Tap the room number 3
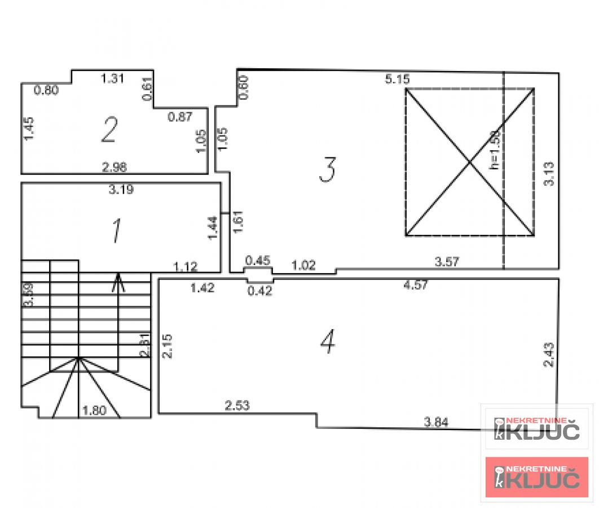[328, 170]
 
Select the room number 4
[328, 340]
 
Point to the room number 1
[117, 231]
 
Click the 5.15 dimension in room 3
[397, 80]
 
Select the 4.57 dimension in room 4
[416, 285]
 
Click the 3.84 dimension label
[436, 421]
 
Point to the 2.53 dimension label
[237, 405]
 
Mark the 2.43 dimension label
[549, 355]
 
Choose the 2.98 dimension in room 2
[114, 167]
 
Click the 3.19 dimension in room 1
[121, 190]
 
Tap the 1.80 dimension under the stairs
[94, 411]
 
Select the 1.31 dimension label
[112, 78]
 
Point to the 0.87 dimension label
[180, 117]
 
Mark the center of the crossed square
[470, 162]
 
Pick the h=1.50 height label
[495, 151]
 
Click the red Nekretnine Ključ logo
[536, 477]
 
